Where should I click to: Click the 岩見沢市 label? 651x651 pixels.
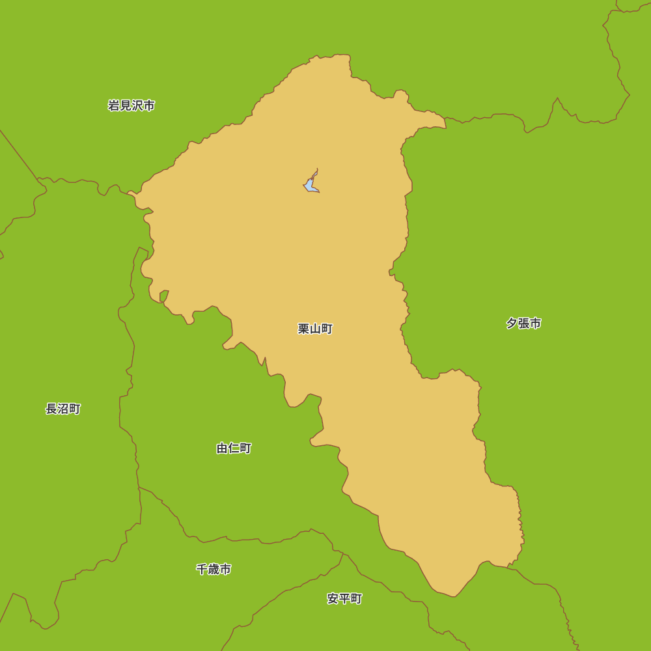[x=132, y=105]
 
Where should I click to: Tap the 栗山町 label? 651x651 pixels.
[x=315, y=329]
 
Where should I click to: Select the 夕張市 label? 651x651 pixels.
[x=523, y=323]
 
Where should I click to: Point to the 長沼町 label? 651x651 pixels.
[x=63, y=409]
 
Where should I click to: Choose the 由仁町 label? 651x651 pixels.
[x=234, y=448]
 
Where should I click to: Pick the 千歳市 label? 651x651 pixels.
[x=214, y=569]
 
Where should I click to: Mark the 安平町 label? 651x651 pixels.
[x=344, y=598]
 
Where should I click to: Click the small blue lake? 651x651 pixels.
[x=311, y=185]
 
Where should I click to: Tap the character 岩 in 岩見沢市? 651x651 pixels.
[x=114, y=105]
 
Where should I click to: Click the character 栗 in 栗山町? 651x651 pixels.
[x=304, y=329]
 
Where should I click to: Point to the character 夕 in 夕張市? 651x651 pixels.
[x=512, y=323]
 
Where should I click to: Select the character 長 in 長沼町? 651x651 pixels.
[x=51, y=409]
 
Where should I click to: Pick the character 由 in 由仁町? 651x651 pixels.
[x=223, y=448]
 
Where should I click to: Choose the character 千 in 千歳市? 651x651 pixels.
[x=202, y=569]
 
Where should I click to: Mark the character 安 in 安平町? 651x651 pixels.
[x=333, y=598]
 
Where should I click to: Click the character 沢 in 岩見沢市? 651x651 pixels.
[x=137, y=105]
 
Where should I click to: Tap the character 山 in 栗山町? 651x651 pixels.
[x=315, y=329]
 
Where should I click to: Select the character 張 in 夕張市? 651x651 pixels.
[x=523, y=323]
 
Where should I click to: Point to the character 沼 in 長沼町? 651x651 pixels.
[x=63, y=409]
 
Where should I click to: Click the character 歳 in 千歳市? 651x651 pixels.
[x=214, y=569]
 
